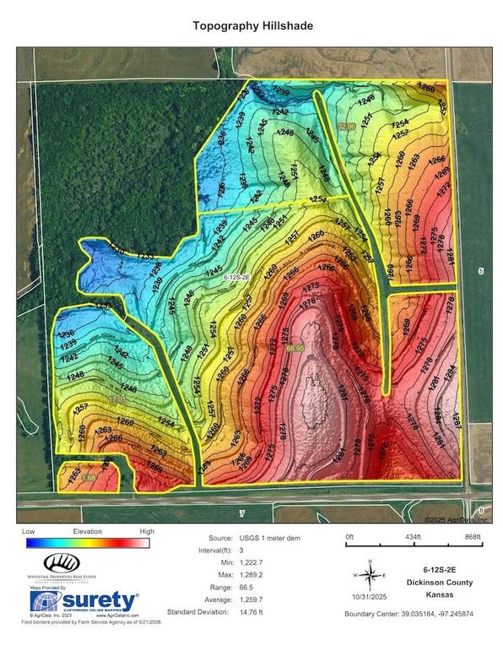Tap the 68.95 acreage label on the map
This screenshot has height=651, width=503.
(x=295, y=347)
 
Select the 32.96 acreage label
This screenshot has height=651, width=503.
(x=347, y=126)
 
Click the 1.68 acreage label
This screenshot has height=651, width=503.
(x=64, y=479)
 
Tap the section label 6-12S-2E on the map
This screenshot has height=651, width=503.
(x=236, y=276)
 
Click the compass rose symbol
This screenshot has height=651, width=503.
(x=370, y=577)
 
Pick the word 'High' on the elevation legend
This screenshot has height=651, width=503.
(x=147, y=532)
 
